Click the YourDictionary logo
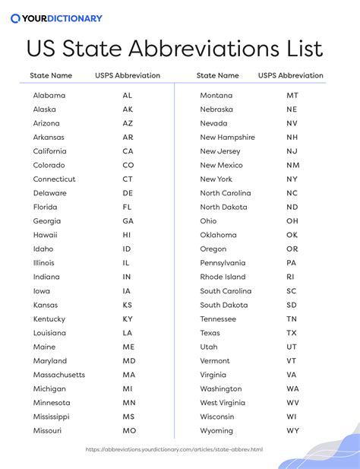tap(56, 18)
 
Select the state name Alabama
tap(49, 96)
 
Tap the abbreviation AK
tap(128, 109)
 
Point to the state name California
tap(50, 151)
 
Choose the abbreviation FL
tap(128, 207)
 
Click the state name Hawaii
tap(45, 235)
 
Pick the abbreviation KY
tap(128, 319)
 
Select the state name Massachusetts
tap(59, 375)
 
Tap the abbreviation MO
tap(128, 431)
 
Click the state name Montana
tap(216, 96)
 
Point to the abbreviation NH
tap(292, 138)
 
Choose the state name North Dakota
tap(223, 207)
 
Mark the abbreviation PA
tap(292, 263)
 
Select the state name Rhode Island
tap(223, 277)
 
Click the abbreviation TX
tap(292, 333)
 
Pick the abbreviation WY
tap(292, 431)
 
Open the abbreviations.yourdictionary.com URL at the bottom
tap(175, 449)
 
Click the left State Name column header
tap(51, 76)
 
